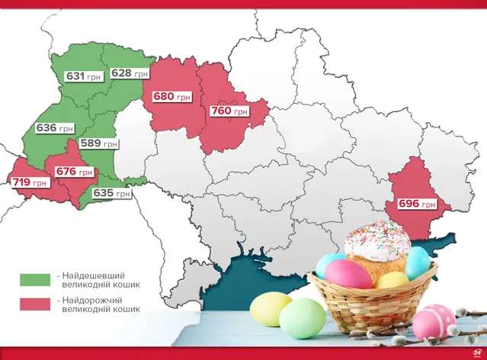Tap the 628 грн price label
(130, 73)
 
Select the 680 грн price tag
(172, 98)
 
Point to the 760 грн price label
(229, 111)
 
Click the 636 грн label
(55, 128)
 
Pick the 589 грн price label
(100, 143)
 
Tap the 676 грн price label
(75, 172)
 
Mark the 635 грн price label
(111, 193)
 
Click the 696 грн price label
(417, 204)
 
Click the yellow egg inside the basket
(392, 281)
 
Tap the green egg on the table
(301, 317)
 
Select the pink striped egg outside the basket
(434, 320)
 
